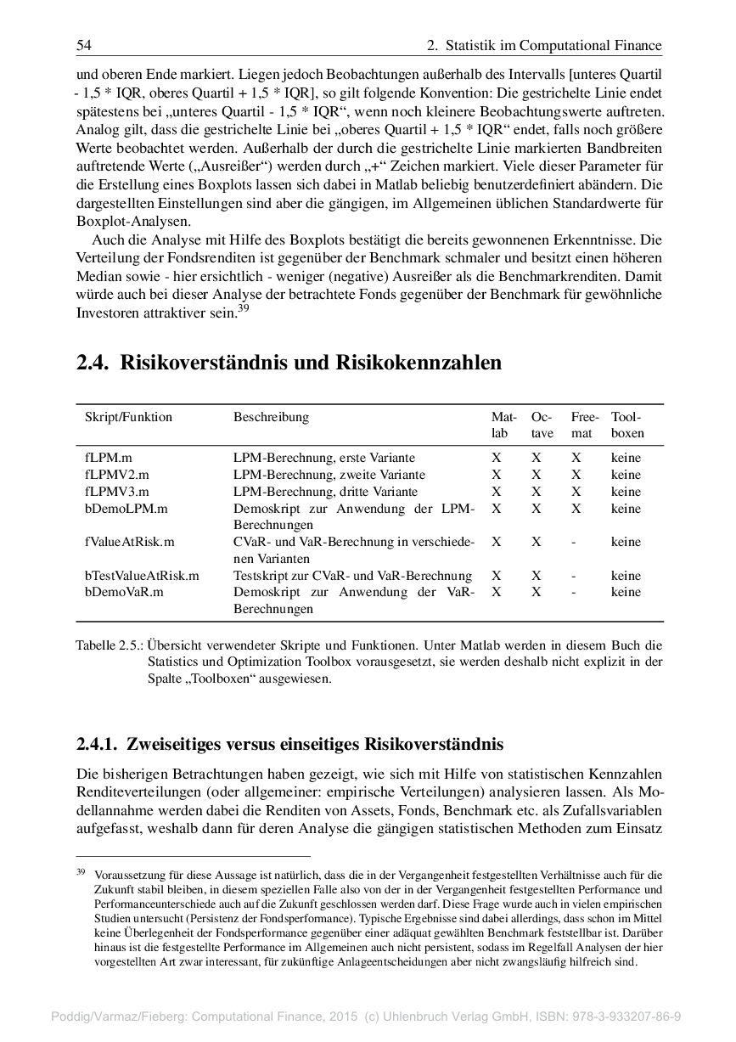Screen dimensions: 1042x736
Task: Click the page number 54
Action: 83,45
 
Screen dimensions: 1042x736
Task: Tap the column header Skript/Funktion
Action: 128,417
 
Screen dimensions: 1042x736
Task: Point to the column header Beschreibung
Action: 271,417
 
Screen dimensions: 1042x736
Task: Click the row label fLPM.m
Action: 102,458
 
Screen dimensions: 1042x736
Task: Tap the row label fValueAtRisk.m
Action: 129,542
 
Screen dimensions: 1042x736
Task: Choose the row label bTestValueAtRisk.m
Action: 142,576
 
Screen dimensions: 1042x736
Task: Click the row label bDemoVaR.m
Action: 124,592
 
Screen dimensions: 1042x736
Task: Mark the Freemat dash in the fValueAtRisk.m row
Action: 576,542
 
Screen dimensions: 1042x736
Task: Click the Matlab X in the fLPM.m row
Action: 497,458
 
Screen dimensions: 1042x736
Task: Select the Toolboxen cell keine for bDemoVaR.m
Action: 626,592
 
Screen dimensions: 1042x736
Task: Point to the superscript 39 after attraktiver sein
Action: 243,309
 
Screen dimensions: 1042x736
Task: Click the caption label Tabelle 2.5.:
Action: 109,645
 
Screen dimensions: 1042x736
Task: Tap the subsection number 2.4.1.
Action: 98,745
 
